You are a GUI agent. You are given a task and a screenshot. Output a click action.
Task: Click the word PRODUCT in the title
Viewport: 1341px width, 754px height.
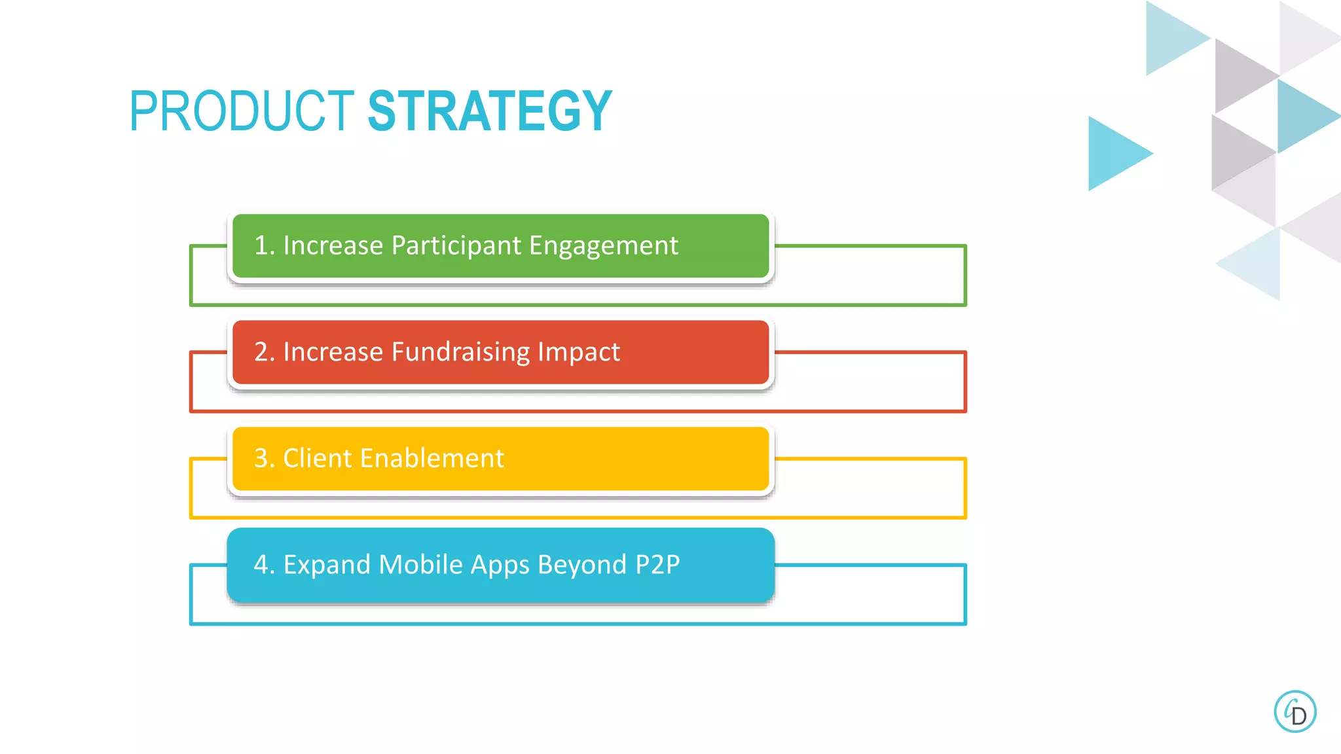click(242, 111)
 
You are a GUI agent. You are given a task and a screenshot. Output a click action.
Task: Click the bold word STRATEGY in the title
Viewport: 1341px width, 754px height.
click(490, 111)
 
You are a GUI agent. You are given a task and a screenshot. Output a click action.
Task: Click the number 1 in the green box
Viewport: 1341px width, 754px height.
click(261, 245)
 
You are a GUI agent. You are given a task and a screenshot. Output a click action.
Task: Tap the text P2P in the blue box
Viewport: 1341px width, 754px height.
click(657, 564)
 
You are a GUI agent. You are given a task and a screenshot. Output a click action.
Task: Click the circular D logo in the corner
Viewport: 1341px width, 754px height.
click(1295, 711)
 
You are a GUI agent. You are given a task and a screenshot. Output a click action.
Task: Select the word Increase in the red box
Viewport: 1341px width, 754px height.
click(333, 352)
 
